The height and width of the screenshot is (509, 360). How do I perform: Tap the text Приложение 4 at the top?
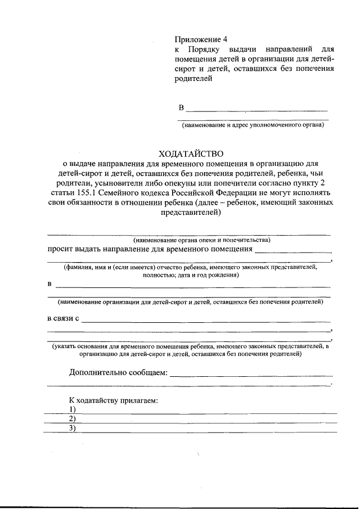tap(201, 39)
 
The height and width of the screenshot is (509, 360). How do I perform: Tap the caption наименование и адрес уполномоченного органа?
tap(253, 125)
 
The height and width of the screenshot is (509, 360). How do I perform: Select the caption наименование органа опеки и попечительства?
tap(190, 240)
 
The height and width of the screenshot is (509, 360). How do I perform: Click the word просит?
tap(60, 249)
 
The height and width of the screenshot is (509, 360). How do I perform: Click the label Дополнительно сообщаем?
tap(118, 372)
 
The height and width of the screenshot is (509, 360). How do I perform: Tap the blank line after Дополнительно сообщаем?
tap(251, 375)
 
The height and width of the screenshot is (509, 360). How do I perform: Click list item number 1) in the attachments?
tap(73, 409)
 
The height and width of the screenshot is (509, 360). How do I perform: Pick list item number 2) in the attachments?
tap(73, 418)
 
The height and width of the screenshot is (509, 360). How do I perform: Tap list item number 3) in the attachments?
tap(73, 428)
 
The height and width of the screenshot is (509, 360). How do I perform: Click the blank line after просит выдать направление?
tap(292, 251)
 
